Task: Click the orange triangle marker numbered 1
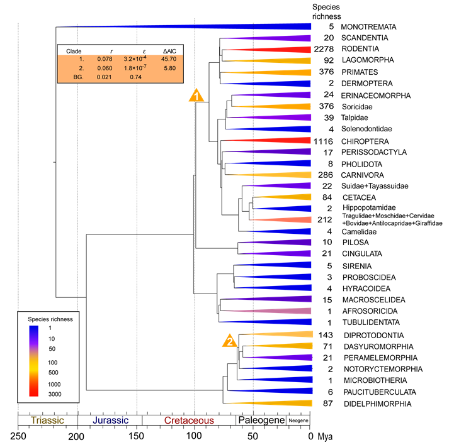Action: click(x=196, y=96)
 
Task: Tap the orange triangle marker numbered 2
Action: click(x=230, y=341)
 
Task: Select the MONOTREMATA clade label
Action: click(x=368, y=27)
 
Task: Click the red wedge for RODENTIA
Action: click(x=277, y=49)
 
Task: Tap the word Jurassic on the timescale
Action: click(x=110, y=420)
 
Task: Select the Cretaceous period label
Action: click(x=189, y=420)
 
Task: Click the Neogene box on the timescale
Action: click(x=298, y=420)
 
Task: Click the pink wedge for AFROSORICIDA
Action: click(x=277, y=311)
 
